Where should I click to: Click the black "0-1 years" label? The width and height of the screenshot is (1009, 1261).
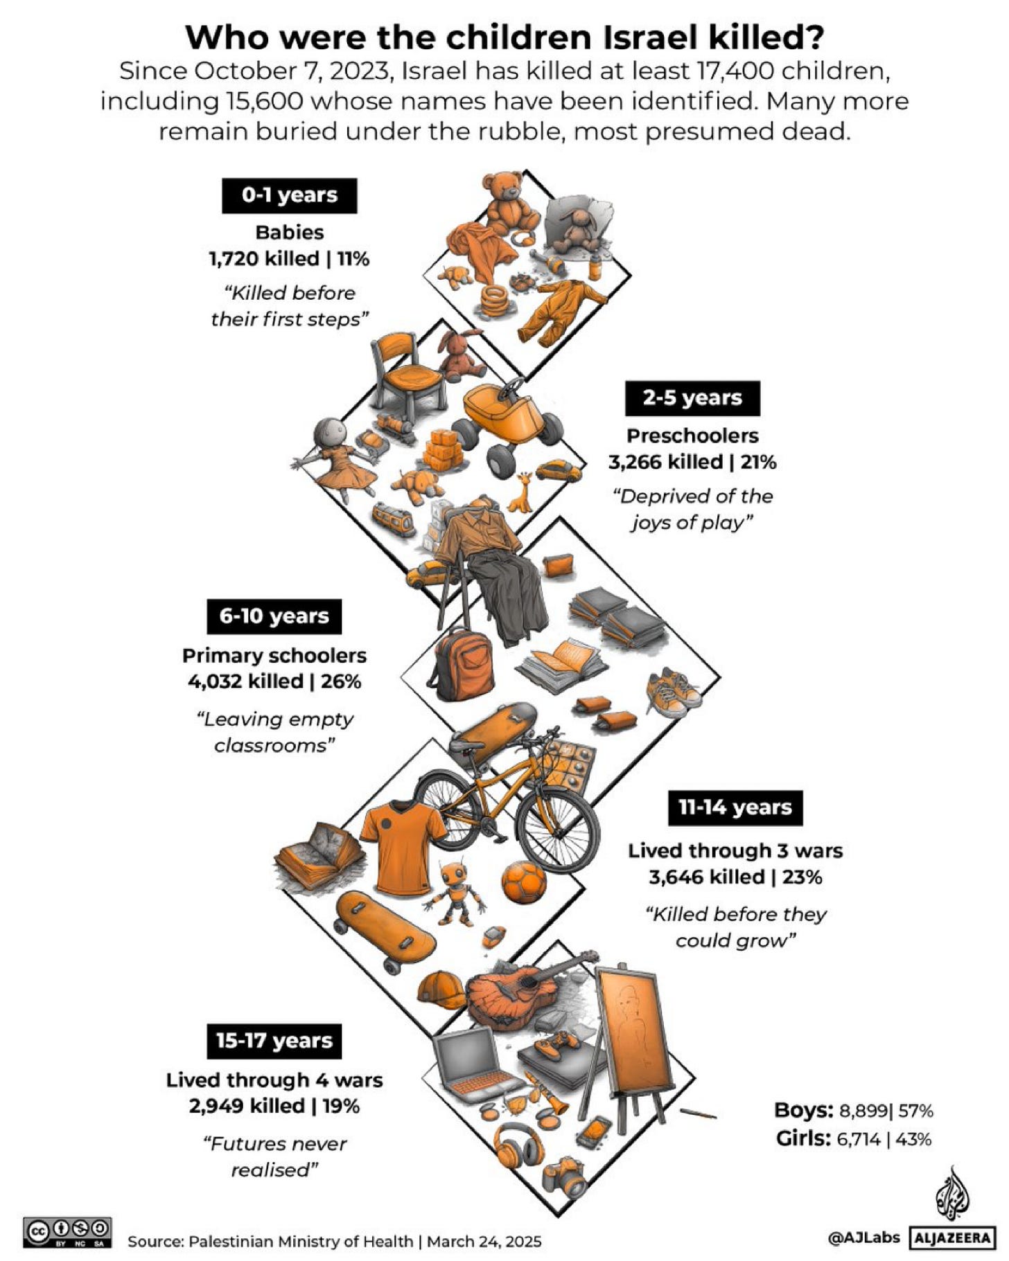coord(289,195)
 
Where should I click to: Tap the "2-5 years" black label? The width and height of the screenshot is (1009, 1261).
coord(692,398)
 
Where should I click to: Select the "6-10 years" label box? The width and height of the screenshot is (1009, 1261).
coord(274,616)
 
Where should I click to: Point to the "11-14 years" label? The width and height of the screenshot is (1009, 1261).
coord(735,807)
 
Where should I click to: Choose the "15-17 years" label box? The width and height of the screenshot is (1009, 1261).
coord(274,1041)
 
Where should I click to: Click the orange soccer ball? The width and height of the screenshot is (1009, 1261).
coord(523,881)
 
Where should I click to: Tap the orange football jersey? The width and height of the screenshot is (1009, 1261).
coord(402,846)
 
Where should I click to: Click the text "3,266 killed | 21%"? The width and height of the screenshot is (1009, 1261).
coord(692,462)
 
